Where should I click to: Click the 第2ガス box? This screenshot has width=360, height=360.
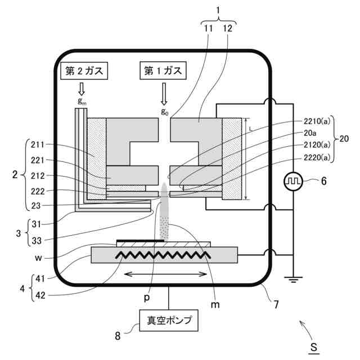[x=84, y=71]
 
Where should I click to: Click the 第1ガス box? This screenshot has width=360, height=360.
[x=163, y=70]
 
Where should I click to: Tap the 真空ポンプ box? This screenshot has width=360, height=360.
[x=169, y=321]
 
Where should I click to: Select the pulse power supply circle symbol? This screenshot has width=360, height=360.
[x=293, y=181]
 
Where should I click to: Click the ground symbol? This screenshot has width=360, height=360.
[x=293, y=280]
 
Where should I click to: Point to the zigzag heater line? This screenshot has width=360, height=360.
[x=163, y=255]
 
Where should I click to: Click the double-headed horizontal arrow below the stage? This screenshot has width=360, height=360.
[x=165, y=274]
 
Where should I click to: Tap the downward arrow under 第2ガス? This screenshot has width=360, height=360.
[x=82, y=89]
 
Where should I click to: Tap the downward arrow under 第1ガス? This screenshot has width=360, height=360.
[x=164, y=94]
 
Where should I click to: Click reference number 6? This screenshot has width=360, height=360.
[x=324, y=181]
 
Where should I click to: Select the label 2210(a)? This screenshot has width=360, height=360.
[x=317, y=121]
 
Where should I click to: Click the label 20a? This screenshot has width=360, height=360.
[x=310, y=133]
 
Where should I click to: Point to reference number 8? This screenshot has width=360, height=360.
[x=118, y=336]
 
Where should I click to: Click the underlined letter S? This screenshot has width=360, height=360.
[x=314, y=347]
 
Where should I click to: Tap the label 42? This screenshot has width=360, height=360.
[x=40, y=295]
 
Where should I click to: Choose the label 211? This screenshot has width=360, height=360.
[x=38, y=145]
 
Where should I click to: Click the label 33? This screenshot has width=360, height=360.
[x=37, y=241]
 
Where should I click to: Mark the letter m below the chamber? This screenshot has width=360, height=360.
[x=215, y=305]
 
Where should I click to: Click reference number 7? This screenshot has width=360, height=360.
[x=276, y=305]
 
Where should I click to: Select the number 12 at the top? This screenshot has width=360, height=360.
[x=227, y=28]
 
